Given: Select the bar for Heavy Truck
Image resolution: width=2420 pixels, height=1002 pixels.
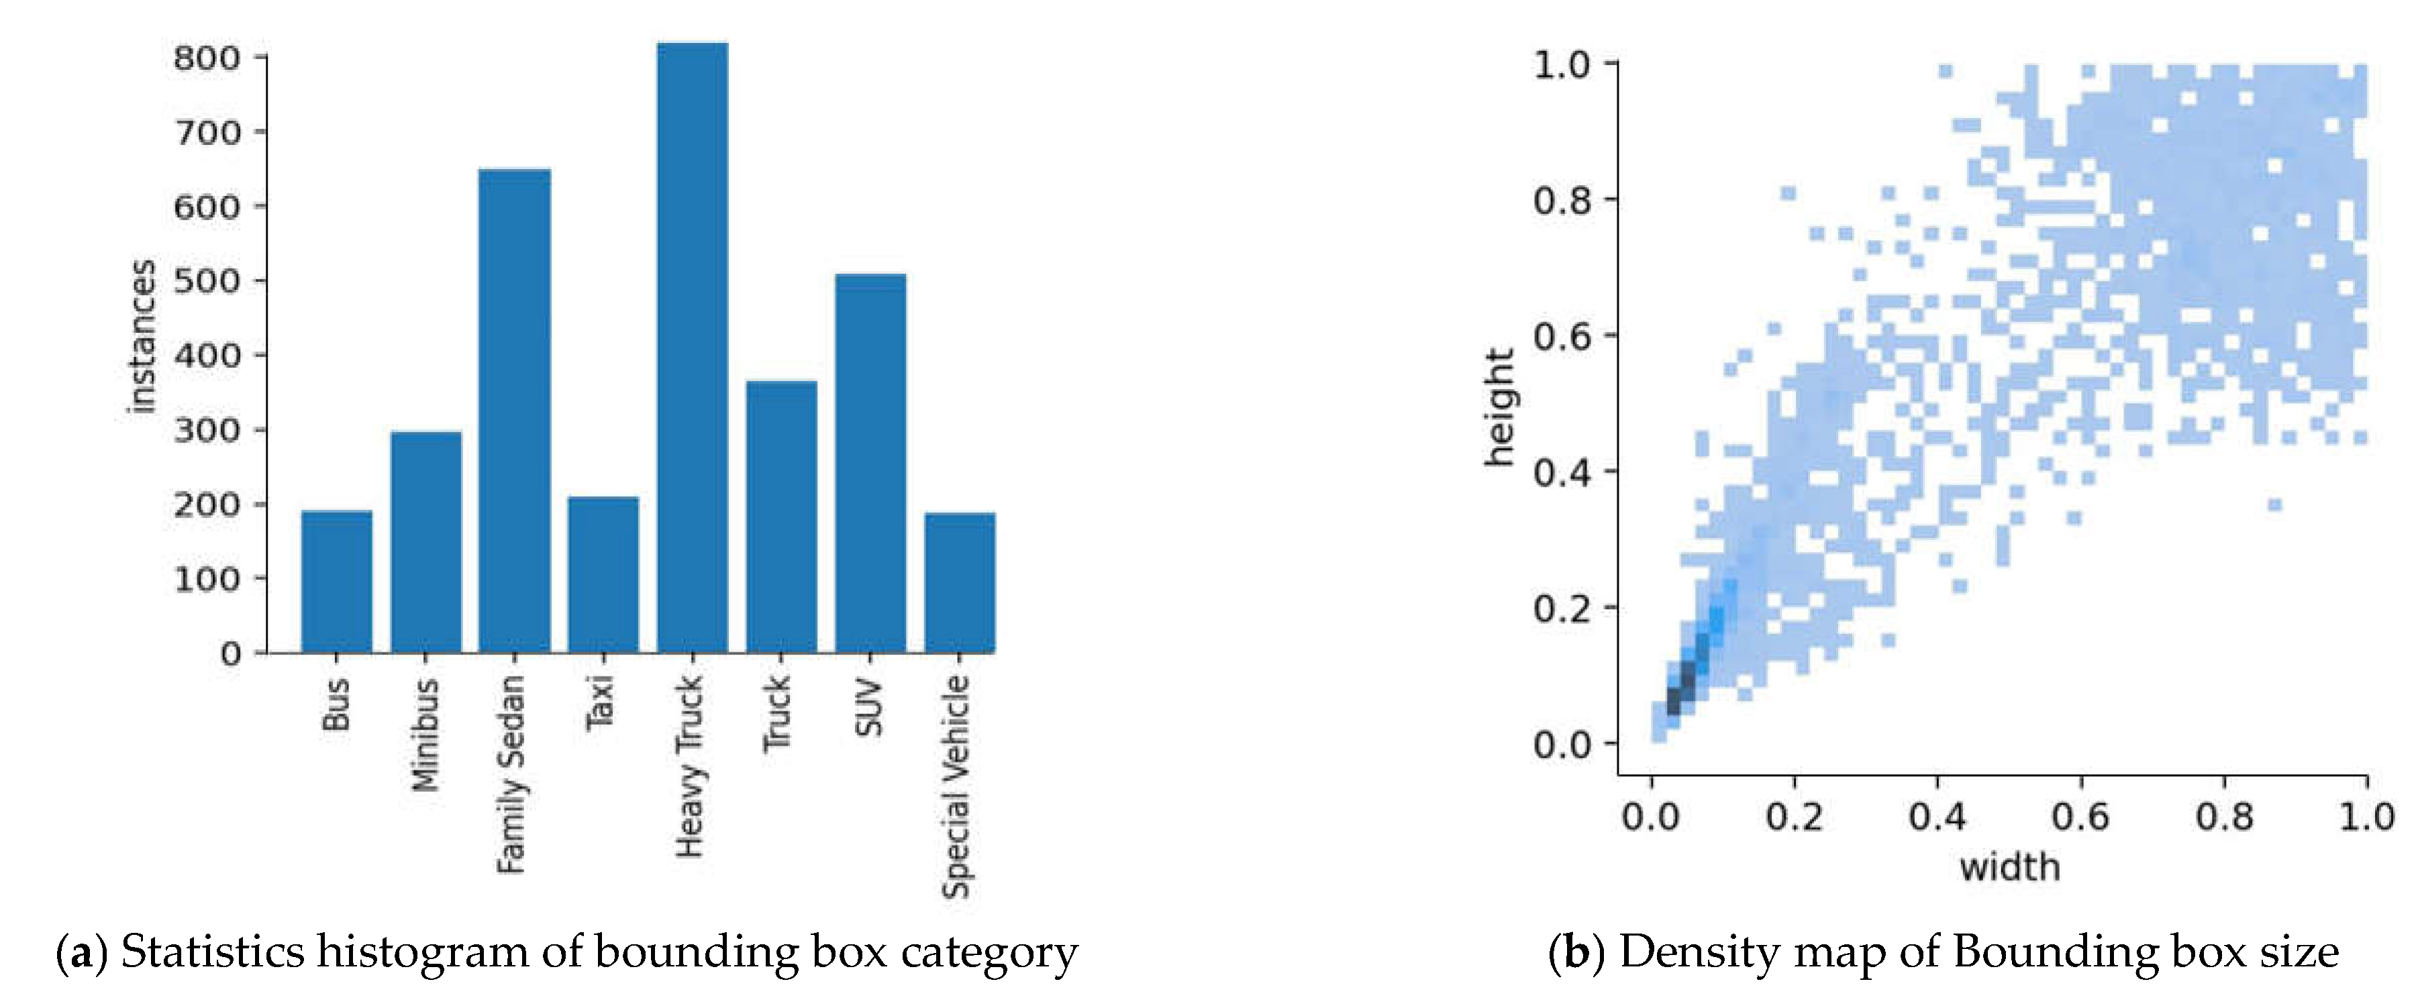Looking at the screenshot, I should click(x=693, y=348).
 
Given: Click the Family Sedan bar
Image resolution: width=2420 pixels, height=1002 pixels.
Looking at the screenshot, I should click(x=514, y=410).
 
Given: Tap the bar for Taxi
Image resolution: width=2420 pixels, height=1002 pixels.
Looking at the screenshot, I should click(x=603, y=574).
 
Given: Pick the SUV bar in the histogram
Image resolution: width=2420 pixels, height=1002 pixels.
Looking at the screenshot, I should click(x=871, y=463).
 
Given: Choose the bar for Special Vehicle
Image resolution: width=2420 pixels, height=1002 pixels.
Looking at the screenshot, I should click(x=959, y=583).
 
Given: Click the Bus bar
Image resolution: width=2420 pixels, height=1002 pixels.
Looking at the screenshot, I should click(x=336, y=581).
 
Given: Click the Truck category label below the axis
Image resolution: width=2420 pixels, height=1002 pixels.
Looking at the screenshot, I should click(x=778, y=713).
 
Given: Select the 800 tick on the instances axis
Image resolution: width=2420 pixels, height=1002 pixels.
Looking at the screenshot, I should click(x=207, y=58).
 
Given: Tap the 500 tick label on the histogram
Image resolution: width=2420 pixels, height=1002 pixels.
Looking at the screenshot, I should click(x=207, y=281).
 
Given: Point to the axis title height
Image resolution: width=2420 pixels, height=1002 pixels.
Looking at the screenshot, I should click(x=1501, y=407).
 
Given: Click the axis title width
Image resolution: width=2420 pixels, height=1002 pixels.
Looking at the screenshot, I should click(x=2009, y=866).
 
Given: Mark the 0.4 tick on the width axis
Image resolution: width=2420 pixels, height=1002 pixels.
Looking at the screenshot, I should click(x=1937, y=816).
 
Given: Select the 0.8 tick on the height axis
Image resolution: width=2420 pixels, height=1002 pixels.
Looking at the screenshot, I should click(x=1562, y=200).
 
